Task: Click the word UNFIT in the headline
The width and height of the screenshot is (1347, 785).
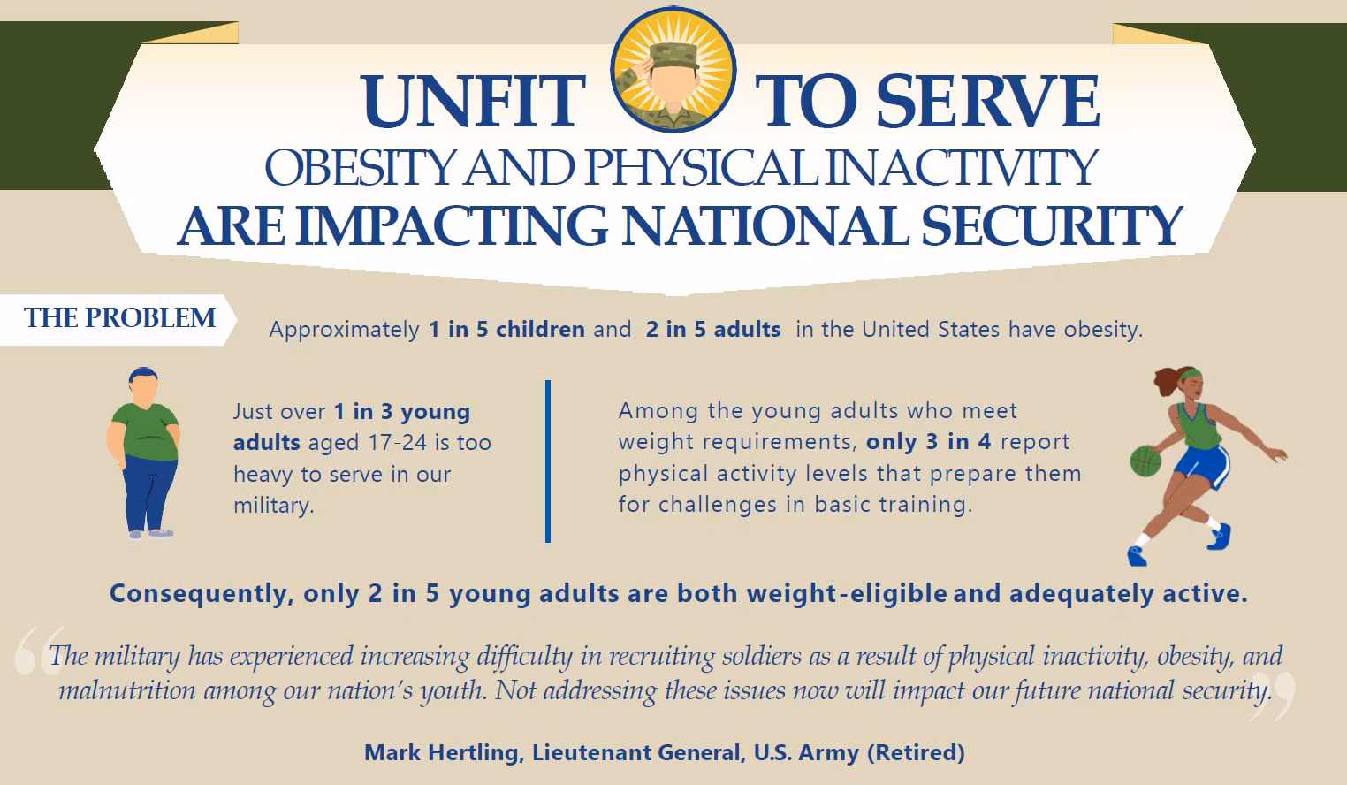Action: click(474, 103)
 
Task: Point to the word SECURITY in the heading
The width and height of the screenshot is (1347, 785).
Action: click(1051, 226)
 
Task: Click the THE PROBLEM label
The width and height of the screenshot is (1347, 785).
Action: click(119, 318)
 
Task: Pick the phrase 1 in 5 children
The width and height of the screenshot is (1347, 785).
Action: click(506, 330)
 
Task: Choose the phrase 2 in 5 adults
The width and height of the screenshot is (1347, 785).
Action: click(713, 330)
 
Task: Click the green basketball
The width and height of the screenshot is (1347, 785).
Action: click(1145, 461)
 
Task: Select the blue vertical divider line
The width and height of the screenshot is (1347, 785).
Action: click(548, 461)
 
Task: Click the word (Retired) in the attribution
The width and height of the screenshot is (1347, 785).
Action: click(916, 753)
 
